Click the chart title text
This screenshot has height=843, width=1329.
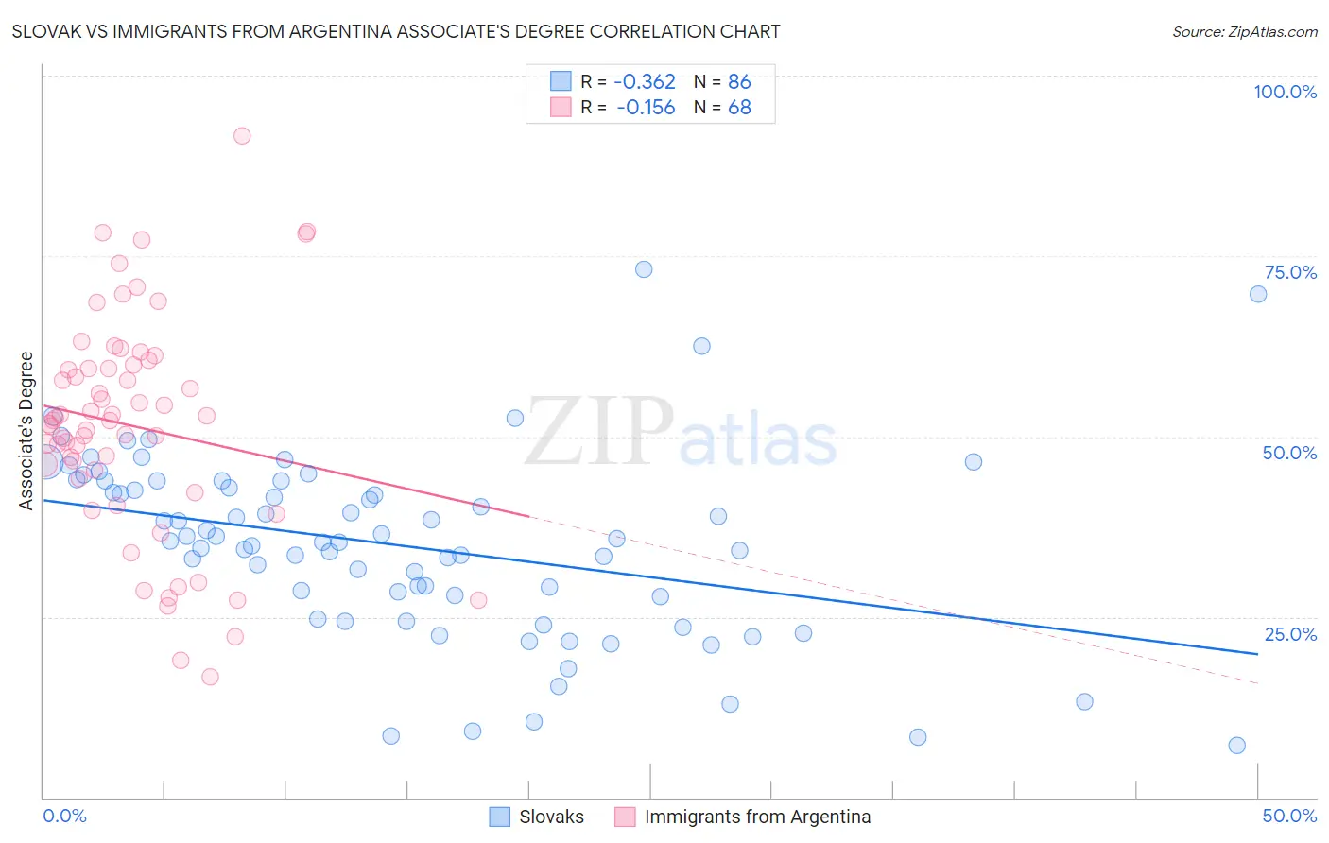click(x=396, y=31)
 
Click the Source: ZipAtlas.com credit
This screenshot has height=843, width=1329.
click(x=1244, y=32)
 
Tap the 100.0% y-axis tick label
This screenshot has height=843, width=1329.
click(x=1285, y=92)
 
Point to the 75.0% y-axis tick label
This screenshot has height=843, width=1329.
click(x=1290, y=272)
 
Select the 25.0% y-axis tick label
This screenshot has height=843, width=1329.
click(x=1290, y=634)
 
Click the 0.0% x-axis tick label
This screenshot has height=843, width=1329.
click(x=64, y=816)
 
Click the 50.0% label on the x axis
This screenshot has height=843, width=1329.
click(x=1289, y=816)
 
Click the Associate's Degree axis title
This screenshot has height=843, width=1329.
click(x=26, y=431)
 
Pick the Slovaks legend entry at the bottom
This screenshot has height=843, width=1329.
click(x=536, y=817)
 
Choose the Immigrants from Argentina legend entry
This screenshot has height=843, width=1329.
click(x=742, y=817)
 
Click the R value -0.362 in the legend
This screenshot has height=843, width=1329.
click(x=645, y=82)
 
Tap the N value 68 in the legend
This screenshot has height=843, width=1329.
click(x=739, y=108)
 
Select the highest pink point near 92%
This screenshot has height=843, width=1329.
click(x=242, y=136)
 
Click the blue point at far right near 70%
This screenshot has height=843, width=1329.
click(x=1258, y=294)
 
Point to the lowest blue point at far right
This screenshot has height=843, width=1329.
click(x=1236, y=746)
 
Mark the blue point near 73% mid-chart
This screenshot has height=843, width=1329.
click(x=644, y=269)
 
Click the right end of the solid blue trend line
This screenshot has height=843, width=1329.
click(x=1257, y=653)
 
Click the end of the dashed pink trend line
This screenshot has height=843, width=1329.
click(x=1257, y=682)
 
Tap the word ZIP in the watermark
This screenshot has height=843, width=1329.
click(x=598, y=432)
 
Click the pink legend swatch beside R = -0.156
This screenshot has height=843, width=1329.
click(x=561, y=108)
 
